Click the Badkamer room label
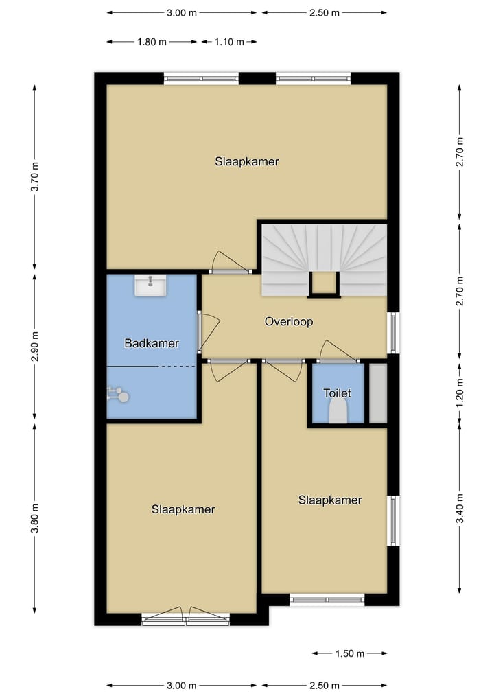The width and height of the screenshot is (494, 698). point(152,343)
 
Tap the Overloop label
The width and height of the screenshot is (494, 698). point(289,321)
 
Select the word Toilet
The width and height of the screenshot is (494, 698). point(337,393)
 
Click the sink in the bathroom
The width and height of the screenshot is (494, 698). point(150,286)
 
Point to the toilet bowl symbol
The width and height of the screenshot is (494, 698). point(338,413)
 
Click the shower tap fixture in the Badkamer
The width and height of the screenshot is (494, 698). point(117,394)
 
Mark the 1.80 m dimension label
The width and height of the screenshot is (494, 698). point(152,42)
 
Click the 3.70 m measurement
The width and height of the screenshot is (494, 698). point(35,178)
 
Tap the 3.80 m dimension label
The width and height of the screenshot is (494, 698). point(35,518)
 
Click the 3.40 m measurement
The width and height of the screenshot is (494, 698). point(460,509)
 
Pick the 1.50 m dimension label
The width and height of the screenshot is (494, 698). point(350,653)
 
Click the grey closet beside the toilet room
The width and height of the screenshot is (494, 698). point(378,393)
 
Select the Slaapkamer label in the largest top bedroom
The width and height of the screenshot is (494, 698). point(246,162)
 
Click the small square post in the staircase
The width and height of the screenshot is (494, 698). point(324,283)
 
